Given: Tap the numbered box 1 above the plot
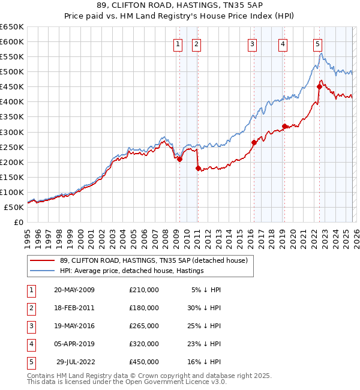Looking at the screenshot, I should pyautogui.click(x=179, y=43).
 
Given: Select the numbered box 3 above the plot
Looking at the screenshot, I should pyautogui.click(x=252, y=43).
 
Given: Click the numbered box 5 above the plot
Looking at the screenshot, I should pyautogui.click(x=317, y=43).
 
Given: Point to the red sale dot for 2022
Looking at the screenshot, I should pyautogui.click(x=319, y=87).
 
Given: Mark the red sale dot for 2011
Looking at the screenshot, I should pyautogui.click(x=198, y=168).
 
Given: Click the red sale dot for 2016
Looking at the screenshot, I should pyautogui.click(x=254, y=143).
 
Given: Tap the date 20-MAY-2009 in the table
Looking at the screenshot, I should pyautogui.click(x=74, y=290).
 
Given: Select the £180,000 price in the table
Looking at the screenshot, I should pyautogui.click(x=144, y=308).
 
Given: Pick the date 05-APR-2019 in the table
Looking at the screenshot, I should pyautogui.click(x=74, y=344).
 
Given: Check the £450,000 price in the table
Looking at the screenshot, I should pyautogui.click(x=144, y=362).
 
